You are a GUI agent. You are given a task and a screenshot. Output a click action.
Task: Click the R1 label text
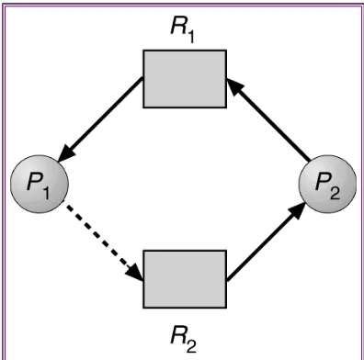click(182, 31)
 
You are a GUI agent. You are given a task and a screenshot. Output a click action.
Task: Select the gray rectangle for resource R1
click(185, 79)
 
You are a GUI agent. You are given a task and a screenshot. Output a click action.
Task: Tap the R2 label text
click(183, 339)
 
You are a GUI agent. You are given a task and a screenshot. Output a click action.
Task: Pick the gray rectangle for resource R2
click(185, 279)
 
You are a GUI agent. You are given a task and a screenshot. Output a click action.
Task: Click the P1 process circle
click(40, 184)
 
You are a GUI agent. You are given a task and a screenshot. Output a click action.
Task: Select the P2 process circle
click(327, 184)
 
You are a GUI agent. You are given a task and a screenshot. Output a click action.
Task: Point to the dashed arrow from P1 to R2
click(104, 242)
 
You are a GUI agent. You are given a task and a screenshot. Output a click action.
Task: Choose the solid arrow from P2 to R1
click(268, 119)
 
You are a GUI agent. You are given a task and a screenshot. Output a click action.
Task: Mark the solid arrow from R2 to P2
click(266, 242)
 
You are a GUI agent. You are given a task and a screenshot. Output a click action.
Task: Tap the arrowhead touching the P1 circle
click(66, 153)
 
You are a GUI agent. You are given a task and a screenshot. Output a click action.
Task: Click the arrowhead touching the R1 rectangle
click(234, 87)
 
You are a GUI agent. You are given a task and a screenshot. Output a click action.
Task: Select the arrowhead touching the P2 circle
click(297, 210)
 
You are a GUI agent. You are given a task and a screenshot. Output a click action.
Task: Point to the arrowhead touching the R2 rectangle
click(135, 273)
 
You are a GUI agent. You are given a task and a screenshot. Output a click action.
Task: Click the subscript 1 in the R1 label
click(190, 38)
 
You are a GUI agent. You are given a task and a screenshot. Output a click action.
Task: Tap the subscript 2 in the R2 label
click(190, 346)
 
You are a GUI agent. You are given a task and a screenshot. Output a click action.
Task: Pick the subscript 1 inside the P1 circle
click(45, 194)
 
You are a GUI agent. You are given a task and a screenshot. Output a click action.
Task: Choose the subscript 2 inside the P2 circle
click(335, 194)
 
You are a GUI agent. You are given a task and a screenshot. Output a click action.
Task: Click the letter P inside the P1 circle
click(34, 182)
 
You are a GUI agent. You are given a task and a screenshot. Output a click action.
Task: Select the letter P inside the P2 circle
click(323, 182)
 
